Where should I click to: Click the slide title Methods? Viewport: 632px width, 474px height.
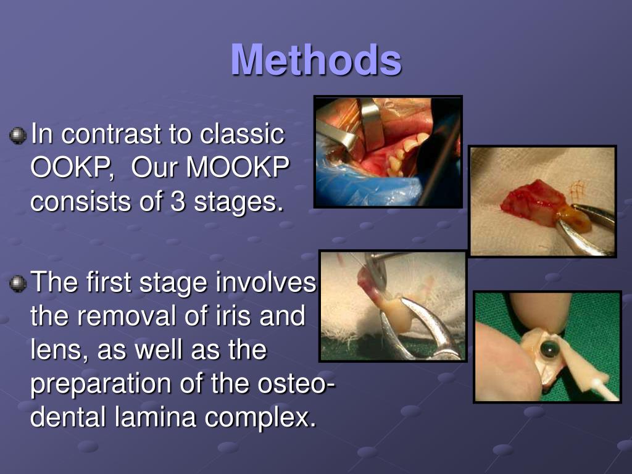[316, 60]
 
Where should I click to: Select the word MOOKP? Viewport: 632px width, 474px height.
[238, 167]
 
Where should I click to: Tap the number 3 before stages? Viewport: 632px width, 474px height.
[176, 201]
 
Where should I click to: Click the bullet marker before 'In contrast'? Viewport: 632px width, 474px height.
[19, 135]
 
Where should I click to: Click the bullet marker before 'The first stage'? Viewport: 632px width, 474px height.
[19, 284]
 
